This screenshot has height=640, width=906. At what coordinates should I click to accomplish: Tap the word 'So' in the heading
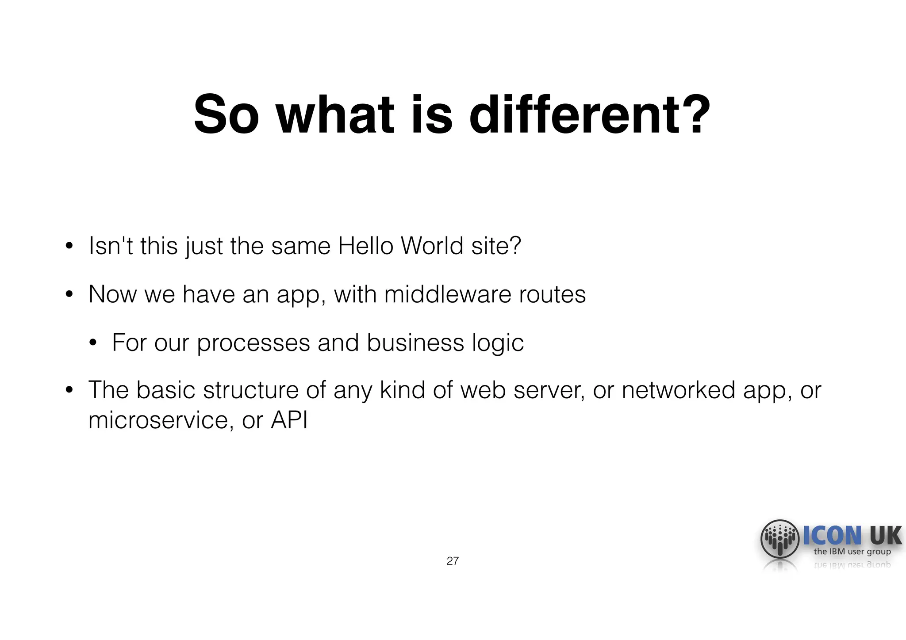pyautogui.click(x=226, y=115)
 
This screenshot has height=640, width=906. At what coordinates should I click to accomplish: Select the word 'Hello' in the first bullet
pyautogui.click(x=365, y=246)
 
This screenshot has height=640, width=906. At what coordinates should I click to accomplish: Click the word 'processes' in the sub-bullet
pyautogui.click(x=253, y=343)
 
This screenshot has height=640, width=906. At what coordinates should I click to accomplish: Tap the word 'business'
pyautogui.click(x=415, y=343)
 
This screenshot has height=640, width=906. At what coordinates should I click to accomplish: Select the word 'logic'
pyautogui.click(x=498, y=343)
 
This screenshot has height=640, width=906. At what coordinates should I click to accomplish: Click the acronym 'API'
pyautogui.click(x=289, y=420)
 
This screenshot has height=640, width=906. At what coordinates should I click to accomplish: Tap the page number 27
pyautogui.click(x=453, y=561)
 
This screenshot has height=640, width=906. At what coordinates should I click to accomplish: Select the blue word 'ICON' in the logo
pyautogui.click(x=832, y=536)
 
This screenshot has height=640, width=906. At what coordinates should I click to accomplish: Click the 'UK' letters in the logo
pyautogui.click(x=885, y=536)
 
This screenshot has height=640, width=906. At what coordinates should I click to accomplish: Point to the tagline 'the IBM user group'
pyautogui.click(x=852, y=552)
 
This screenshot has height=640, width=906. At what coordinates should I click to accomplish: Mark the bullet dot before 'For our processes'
pyautogui.click(x=92, y=343)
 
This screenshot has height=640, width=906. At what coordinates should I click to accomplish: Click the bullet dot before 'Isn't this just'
pyautogui.click(x=69, y=247)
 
